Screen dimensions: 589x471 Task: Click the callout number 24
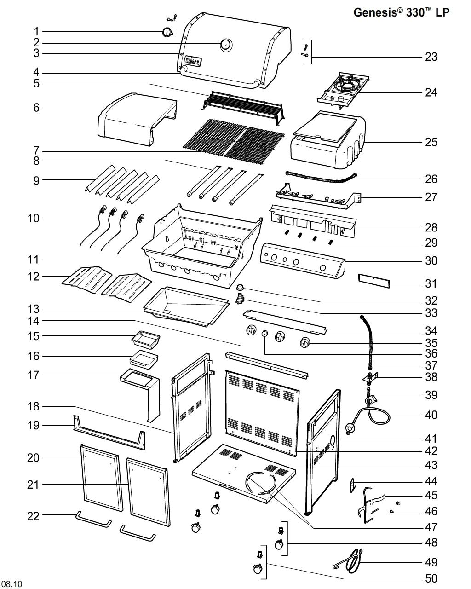pyautogui.click(x=431, y=92)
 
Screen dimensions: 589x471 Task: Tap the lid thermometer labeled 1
pyautogui.click(x=167, y=32)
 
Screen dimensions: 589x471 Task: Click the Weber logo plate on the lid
pyautogui.click(x=192, y=61)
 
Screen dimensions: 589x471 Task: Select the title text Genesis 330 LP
pyautogui.click(x=401, y=12)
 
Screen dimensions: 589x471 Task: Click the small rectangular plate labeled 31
pyautogui.click(x=373, y=280)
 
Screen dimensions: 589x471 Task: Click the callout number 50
pyautogui.click(x=431, y=578)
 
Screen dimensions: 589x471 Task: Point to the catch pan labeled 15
pyautogui.click(x=145, y=339)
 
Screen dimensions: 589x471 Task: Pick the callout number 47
pyautogui.click(x=431, y=527)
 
